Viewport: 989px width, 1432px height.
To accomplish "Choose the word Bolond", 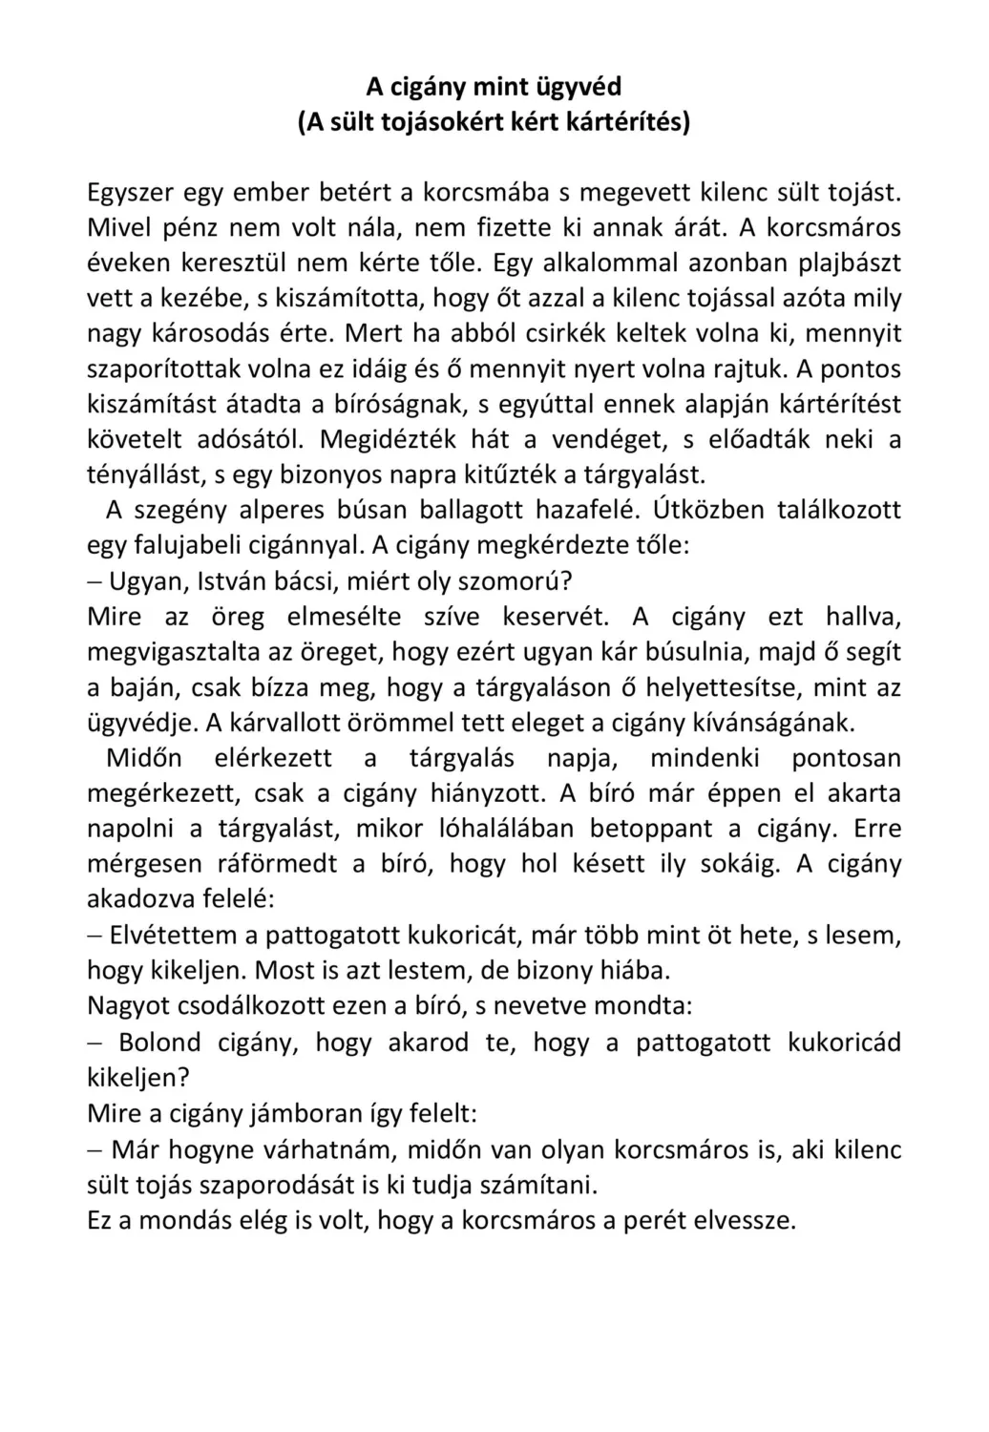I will coord(159,1042).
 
